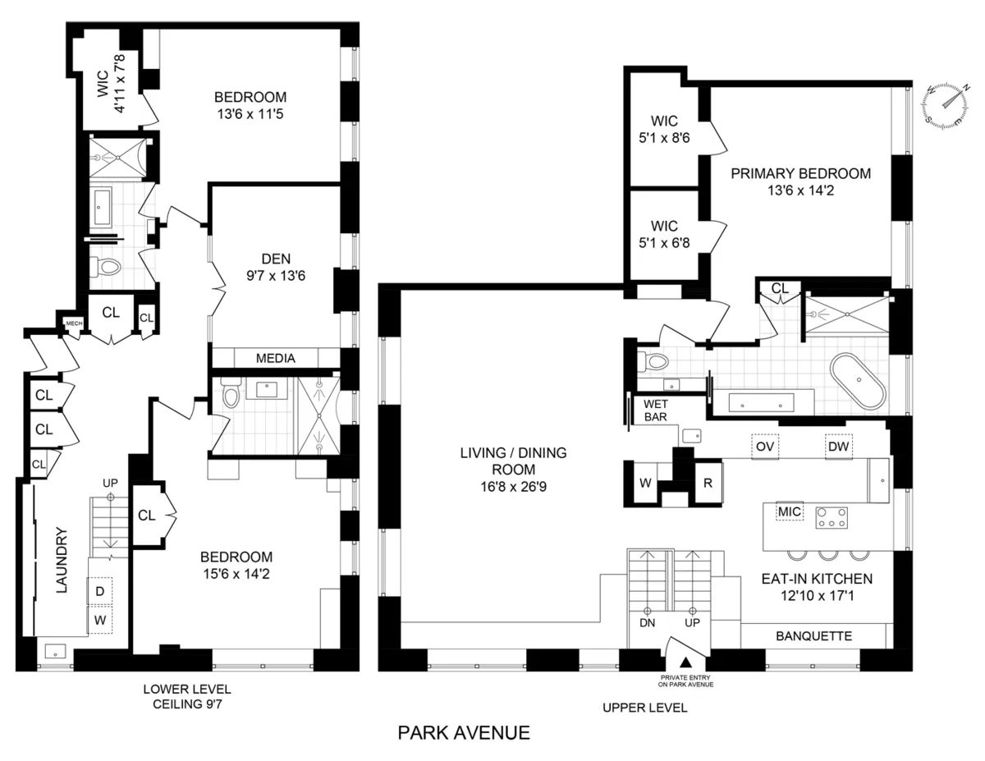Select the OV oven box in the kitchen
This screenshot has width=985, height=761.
[x=765, y=446]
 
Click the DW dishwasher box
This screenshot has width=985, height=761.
[x=837, y=446]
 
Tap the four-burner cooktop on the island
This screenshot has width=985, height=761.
[x=831, y=516]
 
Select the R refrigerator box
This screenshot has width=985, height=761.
[x=707, y=483]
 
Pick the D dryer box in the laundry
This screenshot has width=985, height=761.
[x=99, y=591]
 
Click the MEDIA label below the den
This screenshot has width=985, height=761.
[x=275, y=359]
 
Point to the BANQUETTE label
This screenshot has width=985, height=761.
[x=813, y=635]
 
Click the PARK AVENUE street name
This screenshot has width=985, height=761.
[x=464, y=731]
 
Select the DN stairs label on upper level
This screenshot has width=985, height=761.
[x=648, y=623]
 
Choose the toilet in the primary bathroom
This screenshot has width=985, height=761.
[x=652, y=361]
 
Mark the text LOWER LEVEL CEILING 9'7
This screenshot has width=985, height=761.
[x=186, y=696]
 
